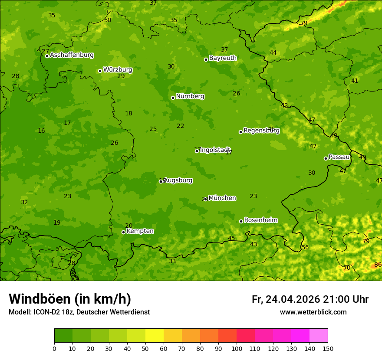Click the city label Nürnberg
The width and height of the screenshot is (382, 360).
[x=190, y=96]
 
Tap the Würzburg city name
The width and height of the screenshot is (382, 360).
[x=118, y=69]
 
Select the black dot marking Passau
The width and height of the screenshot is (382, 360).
[x=326, y=158]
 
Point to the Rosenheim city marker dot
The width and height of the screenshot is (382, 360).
[x=241, y=221]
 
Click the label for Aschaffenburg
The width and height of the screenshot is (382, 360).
[x=72, y=55]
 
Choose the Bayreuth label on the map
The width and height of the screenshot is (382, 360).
[x=223, y=58]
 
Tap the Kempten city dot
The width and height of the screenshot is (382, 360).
[x=123, y=232]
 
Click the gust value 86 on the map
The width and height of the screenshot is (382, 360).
[x=378, y=265]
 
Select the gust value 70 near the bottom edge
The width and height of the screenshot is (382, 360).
[x=346, y=268]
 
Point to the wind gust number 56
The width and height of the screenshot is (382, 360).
[x=305, y=247]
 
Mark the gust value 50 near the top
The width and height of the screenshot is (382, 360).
[x=108, y=20]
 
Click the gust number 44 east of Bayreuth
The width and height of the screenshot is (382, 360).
[x=273, y=52]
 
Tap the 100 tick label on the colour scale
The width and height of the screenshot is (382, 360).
[x=237, y=348]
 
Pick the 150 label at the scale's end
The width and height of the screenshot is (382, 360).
[x=328, y=348]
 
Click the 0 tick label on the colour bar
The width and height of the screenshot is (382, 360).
[x=54, y=348]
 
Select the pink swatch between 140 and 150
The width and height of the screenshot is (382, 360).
[x=319, y=336]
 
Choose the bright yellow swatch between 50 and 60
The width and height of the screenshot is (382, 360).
[x=155, y=336]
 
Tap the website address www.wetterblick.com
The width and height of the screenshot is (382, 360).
[x=313, y=312]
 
